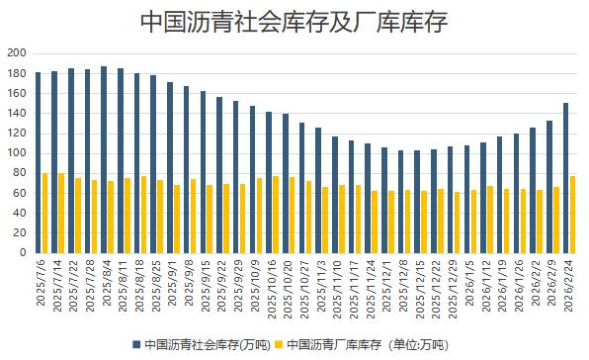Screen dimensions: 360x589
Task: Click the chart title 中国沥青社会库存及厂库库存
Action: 294,21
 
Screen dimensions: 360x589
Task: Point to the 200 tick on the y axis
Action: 16,52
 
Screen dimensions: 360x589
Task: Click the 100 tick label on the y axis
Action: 16,152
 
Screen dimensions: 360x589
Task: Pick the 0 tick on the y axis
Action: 22,252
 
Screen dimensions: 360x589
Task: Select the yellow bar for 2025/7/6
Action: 45,213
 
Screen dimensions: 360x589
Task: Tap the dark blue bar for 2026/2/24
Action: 565,178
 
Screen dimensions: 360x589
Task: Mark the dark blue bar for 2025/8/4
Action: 103,159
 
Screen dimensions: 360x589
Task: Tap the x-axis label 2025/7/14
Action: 57,286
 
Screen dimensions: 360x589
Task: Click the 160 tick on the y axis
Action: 16,93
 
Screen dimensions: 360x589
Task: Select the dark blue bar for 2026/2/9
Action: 548,187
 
